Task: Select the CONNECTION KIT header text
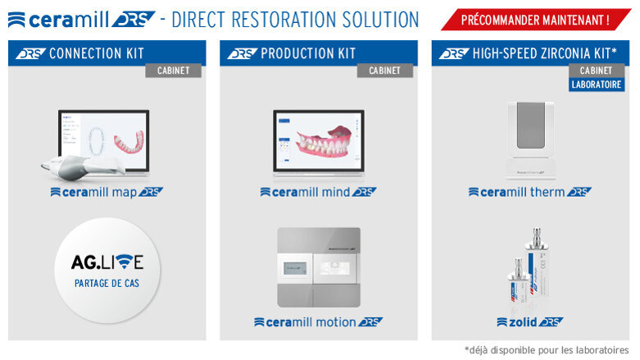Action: point(96,53)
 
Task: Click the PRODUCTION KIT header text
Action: point(307,53)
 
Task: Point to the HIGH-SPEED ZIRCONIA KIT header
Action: point(544,53)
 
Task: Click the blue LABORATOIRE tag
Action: point(597,84)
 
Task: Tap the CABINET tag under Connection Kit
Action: point(173,71)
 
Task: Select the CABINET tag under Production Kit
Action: point(384,71)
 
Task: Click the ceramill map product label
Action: point(107,192)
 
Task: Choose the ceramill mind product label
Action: point(318,192)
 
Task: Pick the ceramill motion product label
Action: point(318,321)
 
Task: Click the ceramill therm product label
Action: point(529,192)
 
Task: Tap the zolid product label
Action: point(529,321)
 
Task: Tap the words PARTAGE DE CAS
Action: point(107,285)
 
